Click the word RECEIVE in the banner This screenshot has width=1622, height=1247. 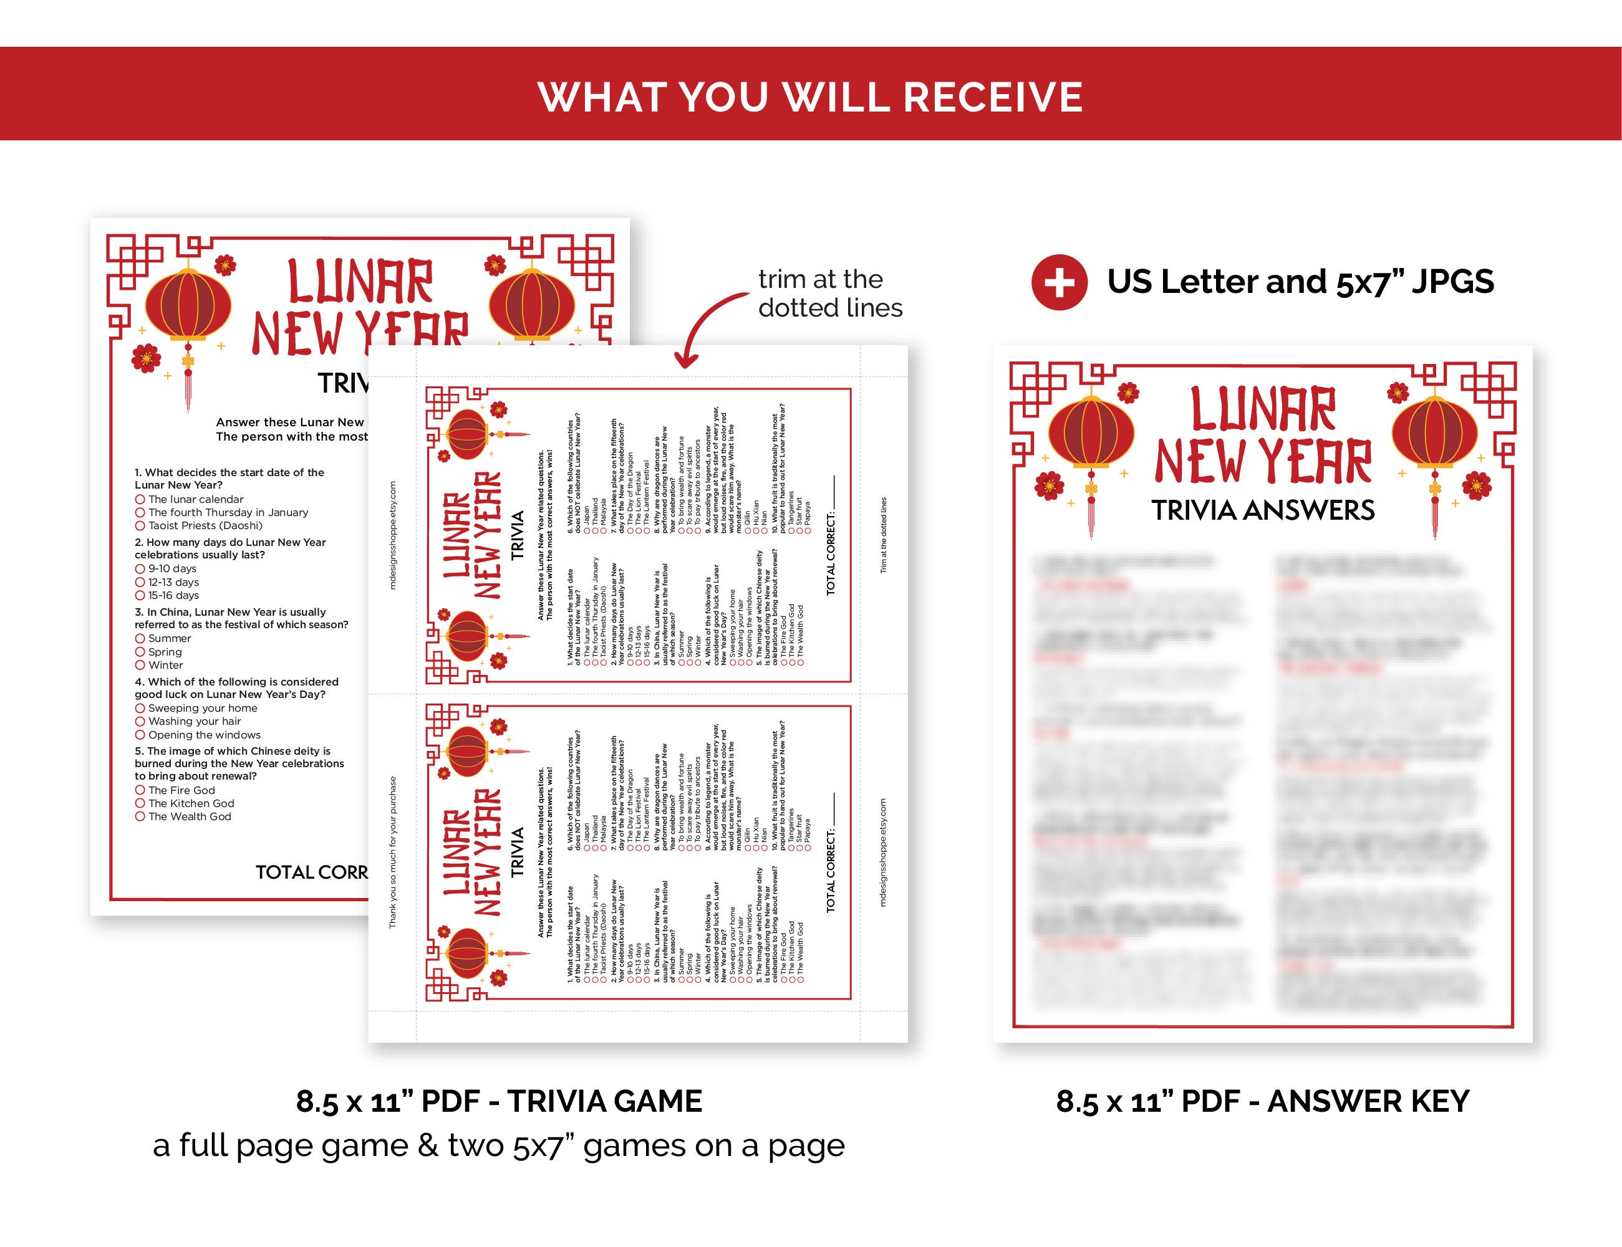(993, 97)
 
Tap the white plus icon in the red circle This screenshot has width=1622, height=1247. (1059, 282)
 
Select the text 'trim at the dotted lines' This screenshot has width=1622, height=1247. (829, 294)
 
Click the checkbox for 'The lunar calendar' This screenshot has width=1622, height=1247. (140, 500)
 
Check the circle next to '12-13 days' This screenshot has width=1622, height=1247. (140, 582)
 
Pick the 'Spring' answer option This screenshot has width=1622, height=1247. (164, 652)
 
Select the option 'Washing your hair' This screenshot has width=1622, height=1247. (194, 721)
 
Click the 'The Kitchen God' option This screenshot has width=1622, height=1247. (190, 803)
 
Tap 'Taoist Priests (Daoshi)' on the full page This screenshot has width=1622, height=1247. (205, 525)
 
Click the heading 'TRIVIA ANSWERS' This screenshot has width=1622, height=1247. (1263, 510)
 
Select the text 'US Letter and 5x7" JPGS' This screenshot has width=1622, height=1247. (1300, 282)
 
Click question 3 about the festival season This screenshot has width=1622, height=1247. (241, 618)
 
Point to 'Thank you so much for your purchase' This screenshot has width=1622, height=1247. (393, 852)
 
